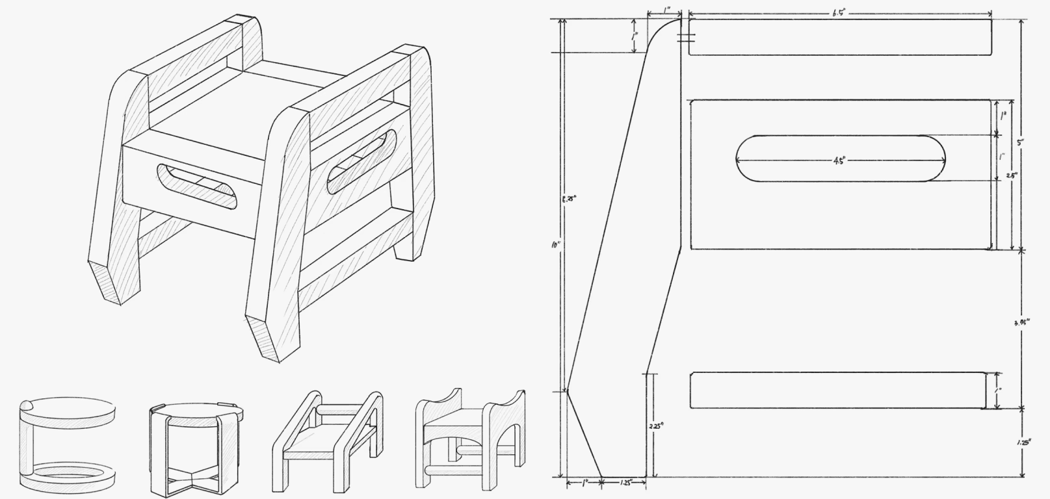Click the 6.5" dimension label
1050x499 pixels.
pyautogui.click(x=839, y=13)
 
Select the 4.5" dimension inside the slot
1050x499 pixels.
pyautogui.click(x=838, y=160)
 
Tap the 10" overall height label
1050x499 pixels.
pyautogui.click(x=556, y=245)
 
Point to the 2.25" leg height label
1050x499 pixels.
pyautogui.click(x=655, y=427)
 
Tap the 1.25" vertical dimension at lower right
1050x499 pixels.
pyautogui.click(x=1023, y=442)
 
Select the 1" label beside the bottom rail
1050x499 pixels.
pyautogui.click(x=999, y=390)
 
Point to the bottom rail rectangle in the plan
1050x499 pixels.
pyautogui.click(x=837, y=390)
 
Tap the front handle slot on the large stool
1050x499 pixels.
pyautogui.click(x=196, y=186)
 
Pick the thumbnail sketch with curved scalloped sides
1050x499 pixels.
pyautogui.click(x=469, y=439)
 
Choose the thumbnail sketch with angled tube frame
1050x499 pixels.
pyautogui.click(x=328, y=441)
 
